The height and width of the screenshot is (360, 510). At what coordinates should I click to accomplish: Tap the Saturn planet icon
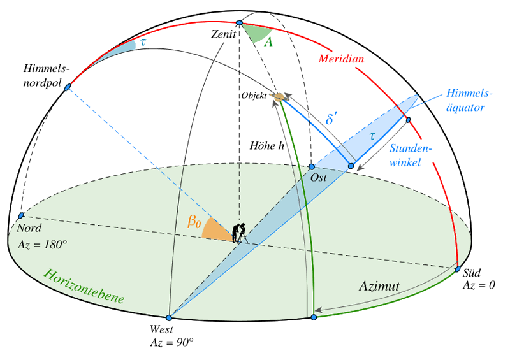[277, 97]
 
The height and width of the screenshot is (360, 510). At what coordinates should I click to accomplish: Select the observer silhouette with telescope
[239, 232]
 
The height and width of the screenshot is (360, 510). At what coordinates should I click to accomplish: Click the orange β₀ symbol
[194, 222]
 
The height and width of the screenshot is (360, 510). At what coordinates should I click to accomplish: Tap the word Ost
[319, 178]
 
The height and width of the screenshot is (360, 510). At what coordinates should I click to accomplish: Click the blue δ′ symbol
[331, 119]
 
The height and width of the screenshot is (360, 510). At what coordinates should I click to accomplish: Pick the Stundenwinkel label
[412, 155]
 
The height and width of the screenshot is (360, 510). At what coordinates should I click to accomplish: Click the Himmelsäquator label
[458, 101]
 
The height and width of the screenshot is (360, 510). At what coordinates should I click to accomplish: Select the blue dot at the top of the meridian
[239, 23]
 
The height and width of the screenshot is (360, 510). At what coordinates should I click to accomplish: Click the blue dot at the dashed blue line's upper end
[66, 87]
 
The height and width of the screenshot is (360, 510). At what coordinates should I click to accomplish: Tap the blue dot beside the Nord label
[21, 216]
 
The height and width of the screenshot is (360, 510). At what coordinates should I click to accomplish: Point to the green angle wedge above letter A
[258, 33]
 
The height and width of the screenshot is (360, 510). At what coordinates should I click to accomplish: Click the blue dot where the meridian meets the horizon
[458, 269]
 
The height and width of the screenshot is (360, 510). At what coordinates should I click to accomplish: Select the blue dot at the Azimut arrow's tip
[313, 317]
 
